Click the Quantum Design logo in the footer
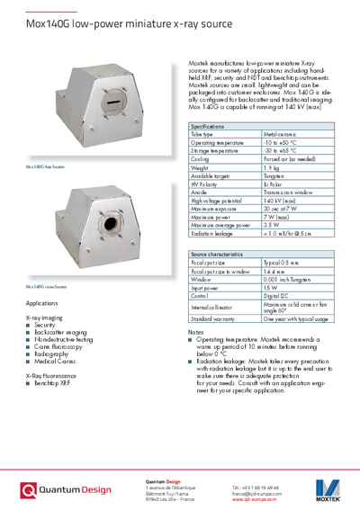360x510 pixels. (x=67, y=490)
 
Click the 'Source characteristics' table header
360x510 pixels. (x=217, y=255)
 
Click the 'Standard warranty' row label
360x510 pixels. (x=215, y=319)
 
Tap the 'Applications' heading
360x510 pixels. (x=42, y=304)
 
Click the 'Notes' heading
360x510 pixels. (x=195, y=332)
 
